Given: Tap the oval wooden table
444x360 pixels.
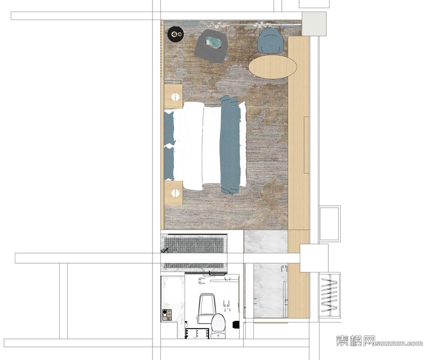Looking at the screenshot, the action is pos(273,66).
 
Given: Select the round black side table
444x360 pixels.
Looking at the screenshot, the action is pos(176,34).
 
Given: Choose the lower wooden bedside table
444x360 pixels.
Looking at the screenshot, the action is pos(173,193).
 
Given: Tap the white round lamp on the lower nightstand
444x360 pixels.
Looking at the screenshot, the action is pos(176,194).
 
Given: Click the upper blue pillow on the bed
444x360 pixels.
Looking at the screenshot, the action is pos(169,128).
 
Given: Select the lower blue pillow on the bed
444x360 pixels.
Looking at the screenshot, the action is pos(169,162).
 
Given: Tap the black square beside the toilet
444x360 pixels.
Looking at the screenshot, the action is pos(235,325).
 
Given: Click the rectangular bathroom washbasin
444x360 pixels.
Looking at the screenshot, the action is pos(206,308).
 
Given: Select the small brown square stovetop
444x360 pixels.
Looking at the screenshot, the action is pos(167,315).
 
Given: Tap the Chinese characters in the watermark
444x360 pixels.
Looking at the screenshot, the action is pos(356,341).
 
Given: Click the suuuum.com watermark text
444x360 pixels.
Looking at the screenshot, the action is pos(399,343).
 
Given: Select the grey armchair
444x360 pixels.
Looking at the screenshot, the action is pos(211,45).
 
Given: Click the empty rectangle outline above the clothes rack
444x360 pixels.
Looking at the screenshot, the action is pos(329,224).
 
